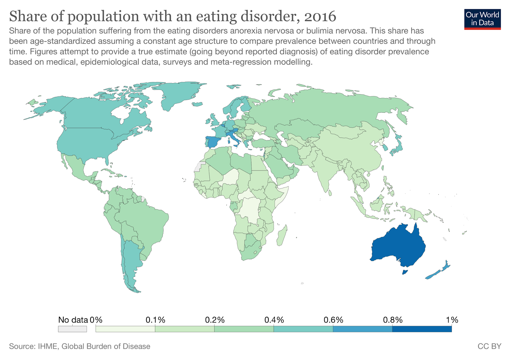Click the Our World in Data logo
pyautogui.click(x=482, y=19)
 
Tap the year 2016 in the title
pyautogui.click(x=320, y=16)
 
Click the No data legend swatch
pyautogui.click(x=72, y=329)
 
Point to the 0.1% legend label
pyautogui.click(x=155, y=320)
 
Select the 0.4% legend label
pyautogui.click(x=274, y=320)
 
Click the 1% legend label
pyautogui.click(x=452, y=320)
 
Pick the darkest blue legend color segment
pyautogui.click(x=422, y=329)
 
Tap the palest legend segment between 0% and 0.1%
pyautogui.click(x=125, y=329)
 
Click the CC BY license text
pyautogui.click(x=489, y=346)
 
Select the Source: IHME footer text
pyautogui.click(x=80, y=346)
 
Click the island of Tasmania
pyautogui.click(x=405, y=272)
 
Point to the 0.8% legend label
pyautogui.click(x=392, y=320)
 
